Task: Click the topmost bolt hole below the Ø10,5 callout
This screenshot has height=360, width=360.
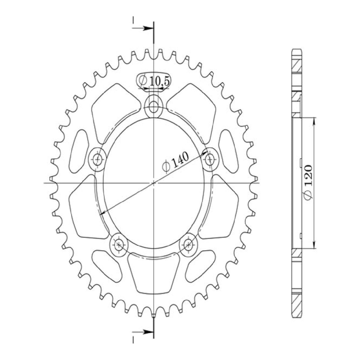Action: pyautogui.click(x=154, y=106)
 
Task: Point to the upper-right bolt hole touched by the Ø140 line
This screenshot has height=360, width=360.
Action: pyautogui.click(x=210, y=159)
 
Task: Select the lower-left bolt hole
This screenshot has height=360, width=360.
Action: pyautogui.click(x=119, y=245)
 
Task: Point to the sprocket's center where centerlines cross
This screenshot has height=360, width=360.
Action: pyautogui.click(x=154, y=183)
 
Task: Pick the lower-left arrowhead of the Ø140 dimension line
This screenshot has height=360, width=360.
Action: pyautogui.click(x=103, y=213)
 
